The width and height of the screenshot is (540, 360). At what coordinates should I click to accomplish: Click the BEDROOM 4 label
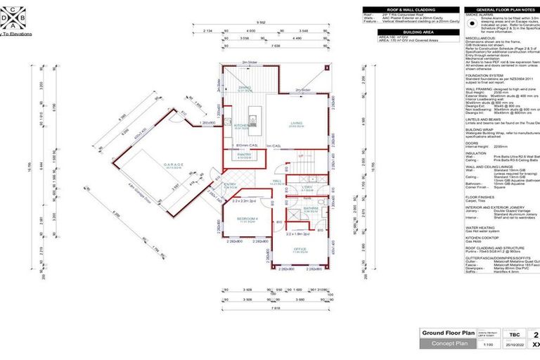(x=244, y=221)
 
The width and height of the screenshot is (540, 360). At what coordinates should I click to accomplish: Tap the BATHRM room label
(x=311, y=209)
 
